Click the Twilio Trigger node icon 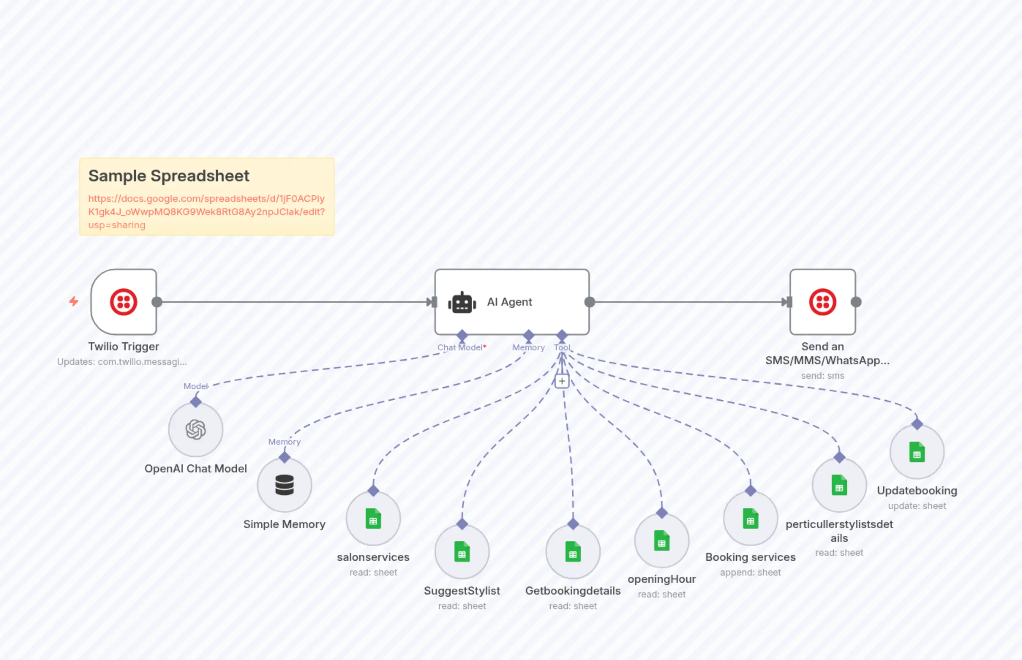coord(124,302)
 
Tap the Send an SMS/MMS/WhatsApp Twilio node coord(822,302)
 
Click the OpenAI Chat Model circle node coord(195,429)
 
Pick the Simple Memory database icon coord(284,485)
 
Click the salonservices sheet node coord(373,518)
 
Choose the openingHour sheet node coord(661,541)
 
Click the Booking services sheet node coord(750,518)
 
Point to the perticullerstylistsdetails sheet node coord(839,485)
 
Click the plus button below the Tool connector coord(561,381)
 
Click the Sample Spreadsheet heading coord(169,176)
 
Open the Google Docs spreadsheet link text coord(206,212)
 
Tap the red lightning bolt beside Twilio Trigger coord(74,302)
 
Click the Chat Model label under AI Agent coord(459,348)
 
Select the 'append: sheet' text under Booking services coord(750,573)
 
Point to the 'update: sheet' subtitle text coord(917,506)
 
